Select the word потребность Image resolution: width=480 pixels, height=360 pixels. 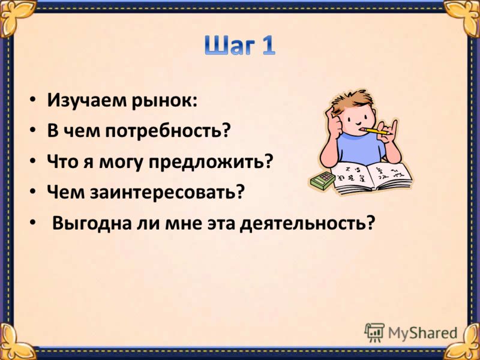click(x=164, y=131)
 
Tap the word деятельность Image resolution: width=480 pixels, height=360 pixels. click(x=298, y=223)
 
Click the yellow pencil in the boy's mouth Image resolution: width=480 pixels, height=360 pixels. click(x=374, y=131)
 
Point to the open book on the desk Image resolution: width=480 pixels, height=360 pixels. click(x=371, y=178)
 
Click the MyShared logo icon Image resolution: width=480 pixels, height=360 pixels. click(x=374, y=332)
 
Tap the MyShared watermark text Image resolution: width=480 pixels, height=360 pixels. click(x=422, y=333)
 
